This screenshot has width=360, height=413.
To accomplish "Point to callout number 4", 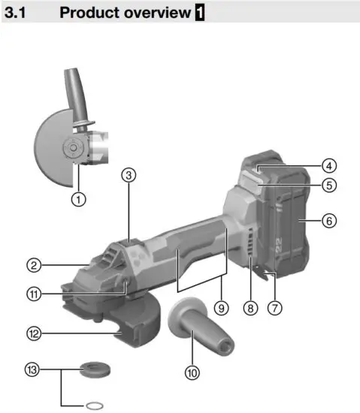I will (328, 165).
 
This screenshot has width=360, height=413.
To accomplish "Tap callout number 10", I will (194, 371).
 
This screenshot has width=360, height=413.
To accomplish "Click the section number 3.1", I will (17, 13).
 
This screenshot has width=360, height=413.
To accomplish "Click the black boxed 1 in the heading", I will (199, 13).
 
